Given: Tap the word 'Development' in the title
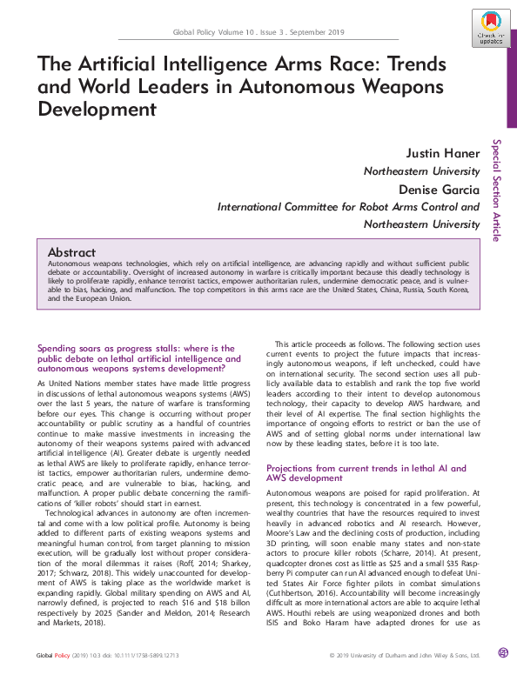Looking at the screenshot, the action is (x=97, y=110).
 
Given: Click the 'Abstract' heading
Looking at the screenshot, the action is (x=71, y=251).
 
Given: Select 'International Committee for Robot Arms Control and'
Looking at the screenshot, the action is (x=348, y=207).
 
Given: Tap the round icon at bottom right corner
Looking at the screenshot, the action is (x=502, y=653).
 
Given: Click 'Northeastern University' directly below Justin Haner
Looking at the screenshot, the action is (x=421, y=171).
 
